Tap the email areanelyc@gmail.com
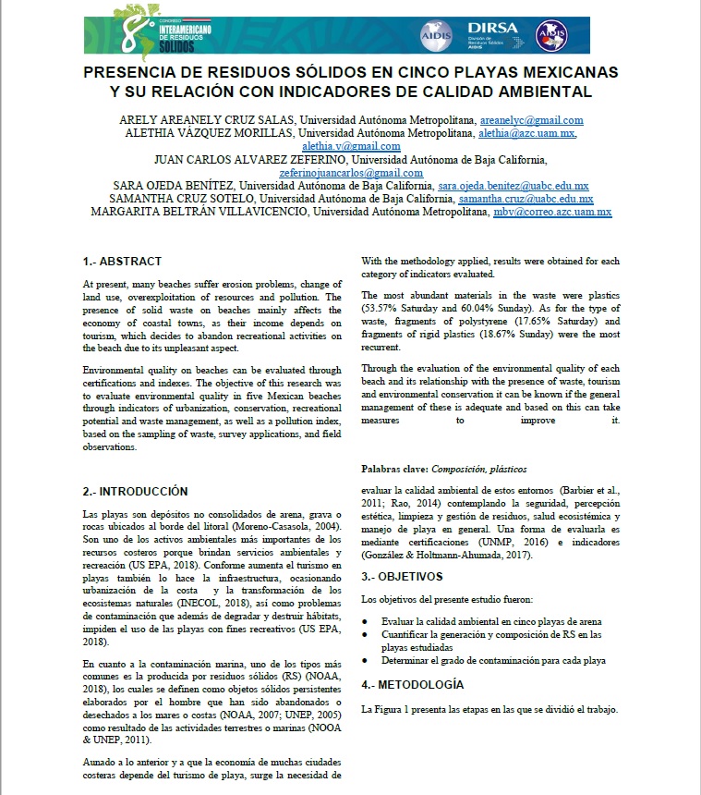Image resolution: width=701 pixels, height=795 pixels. pos(531,120)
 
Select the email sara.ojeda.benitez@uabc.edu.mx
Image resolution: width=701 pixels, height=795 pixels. pos(526,185)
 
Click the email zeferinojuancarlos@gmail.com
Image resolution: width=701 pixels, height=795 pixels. pos(351,172)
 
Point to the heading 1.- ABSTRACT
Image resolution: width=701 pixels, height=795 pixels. pos(122,261)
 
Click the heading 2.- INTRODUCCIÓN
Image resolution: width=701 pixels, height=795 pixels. pos(135,491)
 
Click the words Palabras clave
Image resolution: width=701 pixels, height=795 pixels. pos(394,470)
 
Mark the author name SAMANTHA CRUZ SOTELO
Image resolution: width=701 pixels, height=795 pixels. pos(182,198)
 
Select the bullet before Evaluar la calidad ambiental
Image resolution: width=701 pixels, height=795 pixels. pos(367,622)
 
